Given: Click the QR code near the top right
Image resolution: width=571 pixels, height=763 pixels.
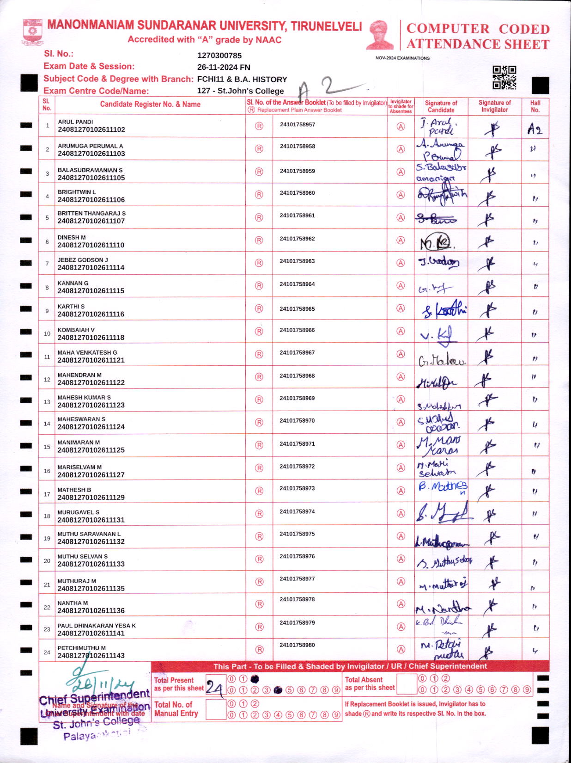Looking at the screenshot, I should point(504,77).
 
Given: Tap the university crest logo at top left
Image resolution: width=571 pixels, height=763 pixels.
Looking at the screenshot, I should point(32,31).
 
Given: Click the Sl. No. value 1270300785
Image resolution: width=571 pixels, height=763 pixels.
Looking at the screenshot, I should point(219,55).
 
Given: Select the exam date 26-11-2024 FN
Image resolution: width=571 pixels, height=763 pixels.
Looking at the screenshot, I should point(224,67).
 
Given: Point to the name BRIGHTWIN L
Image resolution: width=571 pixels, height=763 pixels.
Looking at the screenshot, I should point(77,192).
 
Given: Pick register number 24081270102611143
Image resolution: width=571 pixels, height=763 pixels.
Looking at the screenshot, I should point(91,655).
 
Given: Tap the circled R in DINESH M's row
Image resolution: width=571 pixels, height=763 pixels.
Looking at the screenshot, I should point(259,240).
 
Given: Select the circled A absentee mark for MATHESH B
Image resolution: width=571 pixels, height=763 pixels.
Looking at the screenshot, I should point(401,491).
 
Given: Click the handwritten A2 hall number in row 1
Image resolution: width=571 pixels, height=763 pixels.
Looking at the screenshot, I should point(535,129).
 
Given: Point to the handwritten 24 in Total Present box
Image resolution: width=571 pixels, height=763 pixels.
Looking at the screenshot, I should point(214,688).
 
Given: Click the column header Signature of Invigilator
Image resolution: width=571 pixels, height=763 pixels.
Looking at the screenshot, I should point(494,106).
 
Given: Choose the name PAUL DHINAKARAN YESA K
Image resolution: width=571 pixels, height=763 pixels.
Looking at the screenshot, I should point(97,626).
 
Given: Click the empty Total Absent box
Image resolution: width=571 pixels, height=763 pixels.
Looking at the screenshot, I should point(407,684).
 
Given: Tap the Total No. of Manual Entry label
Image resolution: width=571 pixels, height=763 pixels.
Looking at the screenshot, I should point(176,709).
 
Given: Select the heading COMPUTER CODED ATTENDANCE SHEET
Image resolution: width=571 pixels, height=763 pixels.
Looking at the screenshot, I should point(478,37).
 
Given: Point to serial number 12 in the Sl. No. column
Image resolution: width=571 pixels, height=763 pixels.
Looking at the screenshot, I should point(47,380).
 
